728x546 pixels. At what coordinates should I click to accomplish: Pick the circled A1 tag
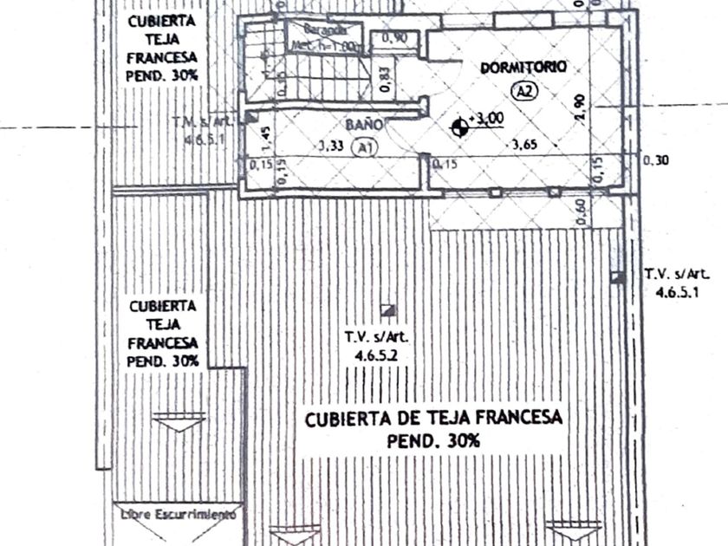(365, 147)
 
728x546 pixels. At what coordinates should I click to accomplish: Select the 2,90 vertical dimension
(580, 106)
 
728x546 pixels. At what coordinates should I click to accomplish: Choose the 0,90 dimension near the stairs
(395, 37)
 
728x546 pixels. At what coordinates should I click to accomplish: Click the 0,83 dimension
(385, 80)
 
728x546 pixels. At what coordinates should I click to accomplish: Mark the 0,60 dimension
(582, 211)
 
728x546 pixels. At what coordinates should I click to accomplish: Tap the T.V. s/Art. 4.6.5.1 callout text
(677, 283)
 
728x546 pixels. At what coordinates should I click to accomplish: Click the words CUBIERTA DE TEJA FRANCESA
(433, 419)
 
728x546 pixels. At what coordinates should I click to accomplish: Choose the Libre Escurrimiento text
(178, 514)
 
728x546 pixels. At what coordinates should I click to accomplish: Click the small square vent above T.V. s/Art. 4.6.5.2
(389, 309)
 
